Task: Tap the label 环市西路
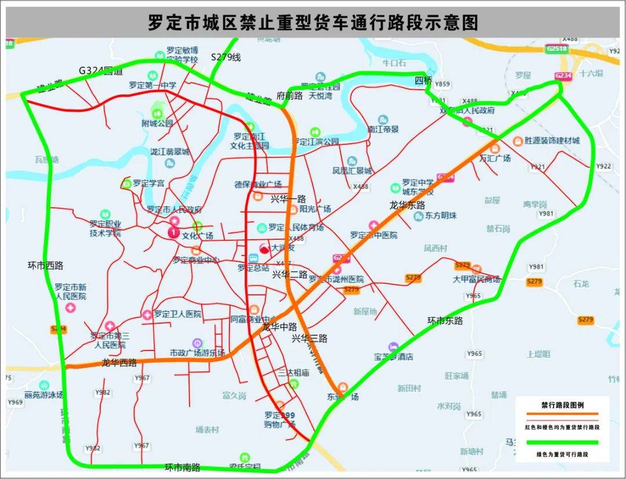(45, 266)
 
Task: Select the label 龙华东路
(407, 205)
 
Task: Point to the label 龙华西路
(119, 363)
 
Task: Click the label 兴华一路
(288, 199)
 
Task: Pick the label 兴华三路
(309, 338)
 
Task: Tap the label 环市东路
(445, 320)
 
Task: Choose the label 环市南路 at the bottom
(182, 467)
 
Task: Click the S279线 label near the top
(225, 57)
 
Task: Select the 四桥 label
(423, 80)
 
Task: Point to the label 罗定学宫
(148, 183)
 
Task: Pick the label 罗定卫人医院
(177, 314)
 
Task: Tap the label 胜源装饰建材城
(551, 141)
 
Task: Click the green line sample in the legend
(562, 443)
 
